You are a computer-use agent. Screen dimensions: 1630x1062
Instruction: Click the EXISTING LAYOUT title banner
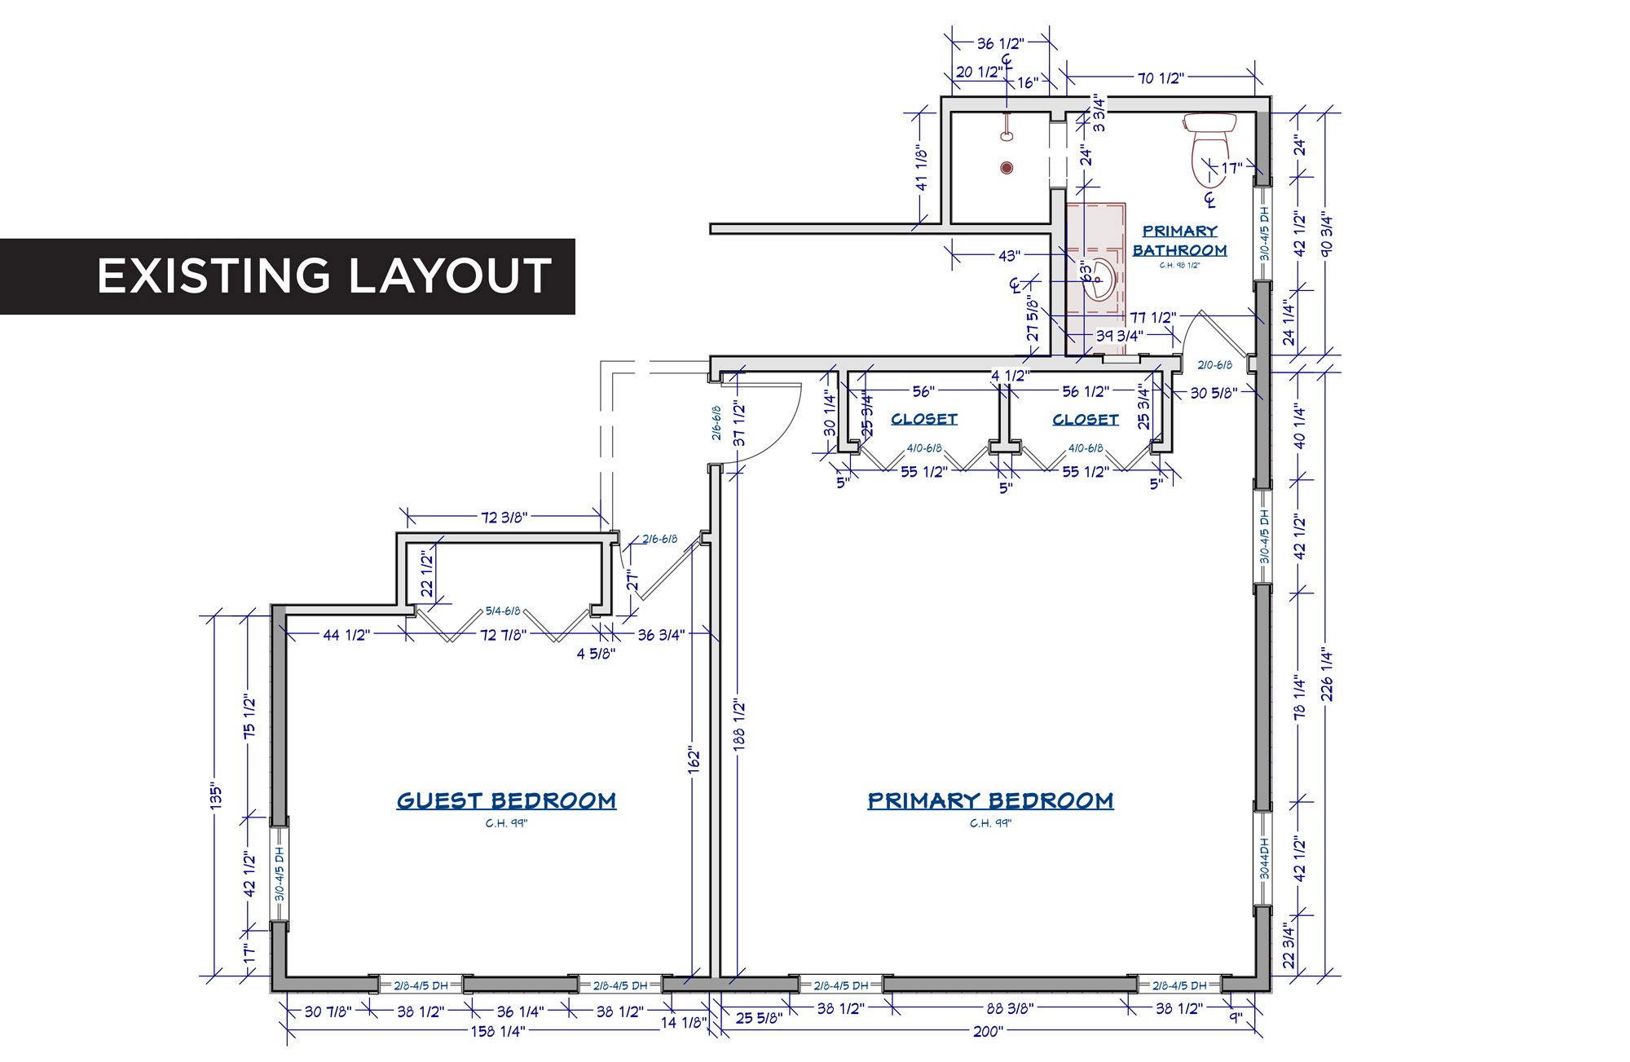click(x=287, y=276)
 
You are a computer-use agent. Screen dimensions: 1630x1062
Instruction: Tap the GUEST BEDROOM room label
click(x=506, y=800)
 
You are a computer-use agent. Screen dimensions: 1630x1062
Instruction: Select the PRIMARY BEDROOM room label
click(x=990, y=800)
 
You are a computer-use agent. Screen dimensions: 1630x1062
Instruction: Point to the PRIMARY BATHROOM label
click(x=1179, y=241)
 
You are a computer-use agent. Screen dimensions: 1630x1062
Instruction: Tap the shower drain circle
click(x=1007, y=168)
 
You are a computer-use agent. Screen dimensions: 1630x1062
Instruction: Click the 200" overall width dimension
click(x=988, y=1032)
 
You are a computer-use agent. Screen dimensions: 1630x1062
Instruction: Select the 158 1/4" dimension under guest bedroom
click(x=498, y=1032)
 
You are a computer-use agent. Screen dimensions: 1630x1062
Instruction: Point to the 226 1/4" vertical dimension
click(x=1327, y=674)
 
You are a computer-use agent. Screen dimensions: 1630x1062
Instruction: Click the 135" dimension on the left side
click(x=215, y=795)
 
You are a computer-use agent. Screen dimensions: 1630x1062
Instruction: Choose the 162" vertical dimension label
click(x=694, y=760)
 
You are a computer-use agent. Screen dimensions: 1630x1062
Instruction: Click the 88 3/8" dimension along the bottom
click(x=1010, y=1008)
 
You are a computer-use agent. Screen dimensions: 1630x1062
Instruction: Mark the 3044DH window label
click(x=1265, y=858)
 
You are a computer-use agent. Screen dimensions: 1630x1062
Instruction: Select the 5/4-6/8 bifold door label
click(x=503, y=610)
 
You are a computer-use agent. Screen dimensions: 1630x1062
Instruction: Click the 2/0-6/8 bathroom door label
click(x=1214, y=365)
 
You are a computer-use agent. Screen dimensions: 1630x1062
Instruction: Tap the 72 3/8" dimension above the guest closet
click(x=504, y=517)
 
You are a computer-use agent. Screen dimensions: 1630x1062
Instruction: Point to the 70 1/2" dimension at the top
click(x=1161, y=78)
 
